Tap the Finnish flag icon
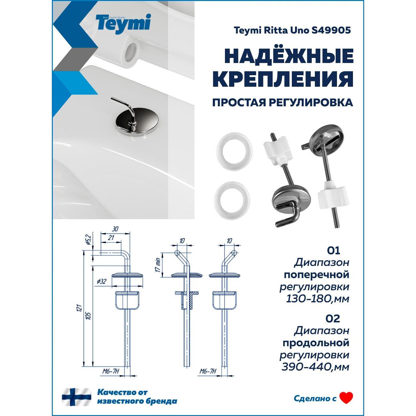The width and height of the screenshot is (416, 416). (x=77, y=391)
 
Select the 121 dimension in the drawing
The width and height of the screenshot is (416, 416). (x=80, y=308)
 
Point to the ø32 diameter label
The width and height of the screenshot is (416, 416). (x=101, y=282)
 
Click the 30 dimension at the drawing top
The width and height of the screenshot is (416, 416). (x=115, y=229)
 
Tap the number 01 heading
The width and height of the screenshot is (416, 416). (x=333, y=251)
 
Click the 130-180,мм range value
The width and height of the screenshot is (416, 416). (x=317, y=299)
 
